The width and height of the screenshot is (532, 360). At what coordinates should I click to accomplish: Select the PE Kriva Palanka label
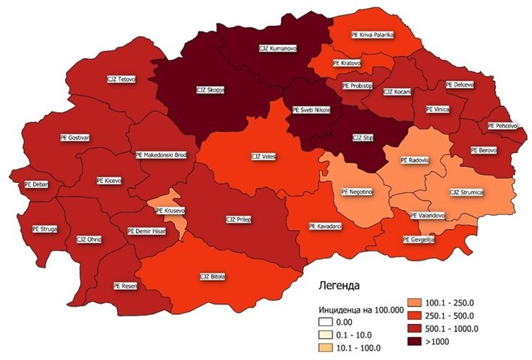tap(372, 34)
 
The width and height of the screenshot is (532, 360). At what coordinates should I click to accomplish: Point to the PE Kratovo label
tap(347, 63)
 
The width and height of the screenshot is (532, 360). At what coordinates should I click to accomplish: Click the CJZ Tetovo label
tap(121, 79)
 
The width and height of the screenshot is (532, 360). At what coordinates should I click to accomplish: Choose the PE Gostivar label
tap(75, 137)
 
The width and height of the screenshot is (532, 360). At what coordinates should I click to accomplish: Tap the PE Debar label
tap(36, 184)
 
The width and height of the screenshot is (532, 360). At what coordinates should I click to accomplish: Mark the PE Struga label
tap(45, 229)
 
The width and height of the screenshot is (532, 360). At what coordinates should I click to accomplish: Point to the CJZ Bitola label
tap(212, 277)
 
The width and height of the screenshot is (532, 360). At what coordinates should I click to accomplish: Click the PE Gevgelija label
tap(418, 239)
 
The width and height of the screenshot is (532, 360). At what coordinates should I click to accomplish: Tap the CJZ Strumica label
tap(466, 192)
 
